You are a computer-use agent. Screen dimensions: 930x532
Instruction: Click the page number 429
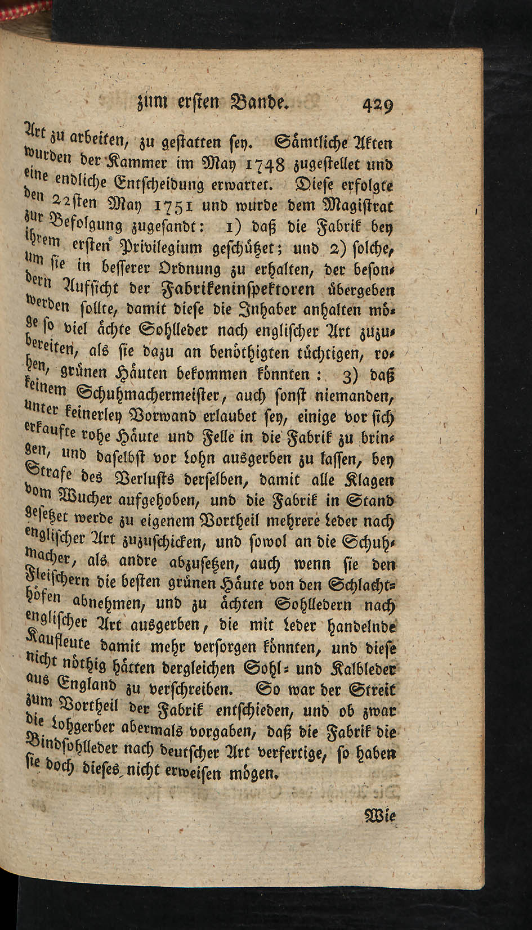click(377, 105)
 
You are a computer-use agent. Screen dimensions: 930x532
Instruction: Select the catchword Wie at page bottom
click(381, 816)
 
